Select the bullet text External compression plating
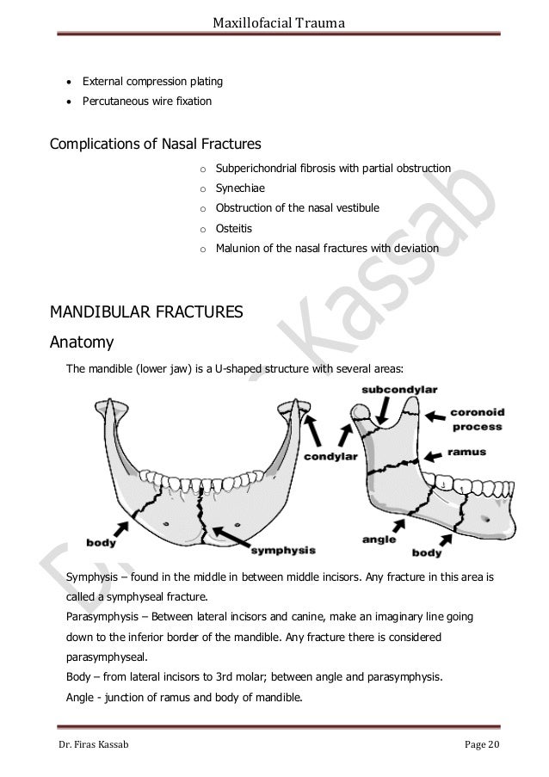tap(152, 82)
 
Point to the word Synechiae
tap(242, 187)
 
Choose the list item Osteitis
tap(235, 228)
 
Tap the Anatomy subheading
tap(83, 343)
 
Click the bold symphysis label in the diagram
tap(282, 548)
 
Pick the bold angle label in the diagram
tap(379, 540)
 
